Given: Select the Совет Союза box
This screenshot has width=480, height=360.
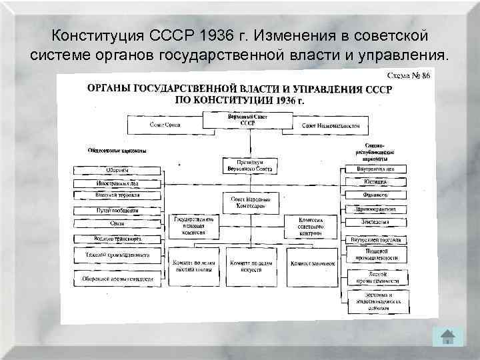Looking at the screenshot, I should [x=164, y=125].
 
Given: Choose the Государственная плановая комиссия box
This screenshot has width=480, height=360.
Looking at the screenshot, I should [x=194, y=227].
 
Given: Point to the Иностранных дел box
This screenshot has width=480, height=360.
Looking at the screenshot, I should [x=117, y=183].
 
